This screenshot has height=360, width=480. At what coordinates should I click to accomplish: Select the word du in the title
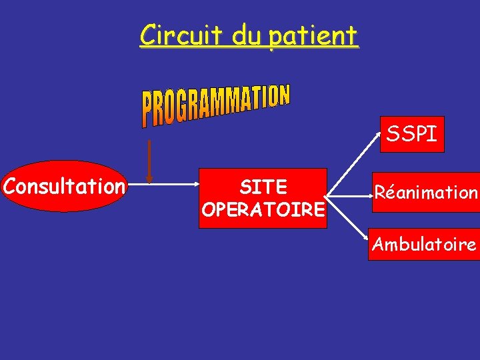click(x=247, y=34)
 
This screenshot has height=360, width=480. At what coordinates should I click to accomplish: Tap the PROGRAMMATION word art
click(x=215, y=105)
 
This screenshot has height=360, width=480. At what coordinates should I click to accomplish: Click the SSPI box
click(x=412, y=135)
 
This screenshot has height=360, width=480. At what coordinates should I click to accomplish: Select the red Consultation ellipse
click(x=64, y=186)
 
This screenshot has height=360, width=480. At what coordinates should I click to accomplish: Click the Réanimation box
click(x=425, y=193)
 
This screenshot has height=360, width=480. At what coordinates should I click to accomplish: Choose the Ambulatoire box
click(x=424, y=245)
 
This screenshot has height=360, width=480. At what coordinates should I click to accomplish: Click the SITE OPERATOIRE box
click(x=263, y=198)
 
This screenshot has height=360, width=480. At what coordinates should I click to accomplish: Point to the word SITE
click(x=263, y=187)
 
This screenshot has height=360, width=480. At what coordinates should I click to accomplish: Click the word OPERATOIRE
click(x=263, y=210)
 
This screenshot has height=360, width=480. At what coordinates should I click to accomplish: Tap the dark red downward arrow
click(x=149, y=161)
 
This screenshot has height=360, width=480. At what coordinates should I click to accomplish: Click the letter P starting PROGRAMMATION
click(x=148, y=113)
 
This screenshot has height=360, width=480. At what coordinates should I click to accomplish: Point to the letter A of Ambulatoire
click(x=379, y=245)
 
